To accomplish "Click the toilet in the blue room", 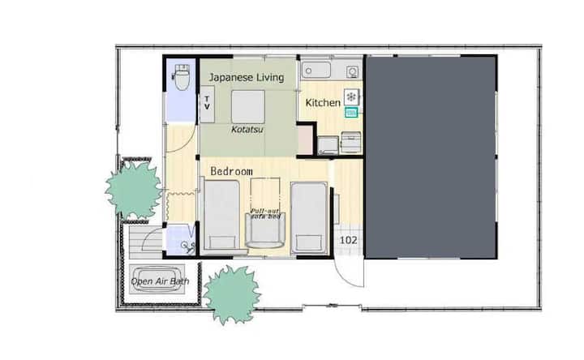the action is click(x=182, y=77).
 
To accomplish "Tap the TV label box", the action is click(x=207, y=104).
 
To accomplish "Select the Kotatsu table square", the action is click(x=248, y=106).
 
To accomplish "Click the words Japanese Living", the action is click(x=247, y=78).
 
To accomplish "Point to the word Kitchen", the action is click(x=323, y=102).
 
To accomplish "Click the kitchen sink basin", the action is click(x=316, y=70).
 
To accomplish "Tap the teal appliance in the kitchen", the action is click(x=351, y=112).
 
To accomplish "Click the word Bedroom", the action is click(x=231, y=171).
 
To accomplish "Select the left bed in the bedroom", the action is click(x=221, y=215).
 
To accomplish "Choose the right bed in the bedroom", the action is click(x=309, y=217).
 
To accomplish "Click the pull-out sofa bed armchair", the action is click(x=264, y=229).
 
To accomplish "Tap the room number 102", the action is click(x=348, y=240).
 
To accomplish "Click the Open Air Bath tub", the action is click(x=157, y=280).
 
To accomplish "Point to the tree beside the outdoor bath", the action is click(x=232, y=294).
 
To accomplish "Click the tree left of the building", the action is click(x=133, y=191).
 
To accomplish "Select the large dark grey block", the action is click(x=431, y=156).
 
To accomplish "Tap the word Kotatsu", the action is click(x=247, y=130).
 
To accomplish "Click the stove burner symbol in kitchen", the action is click(x=351, y=96).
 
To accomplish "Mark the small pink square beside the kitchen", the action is click(x=305, y=139).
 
